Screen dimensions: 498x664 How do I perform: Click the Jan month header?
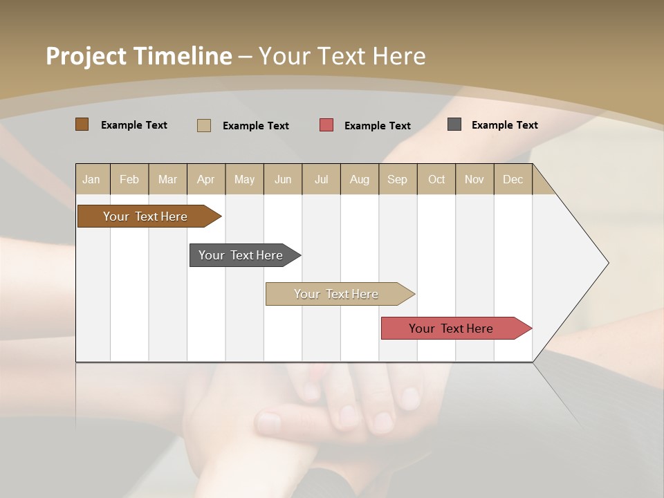click(92, 179)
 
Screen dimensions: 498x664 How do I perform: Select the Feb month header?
click(129, 179)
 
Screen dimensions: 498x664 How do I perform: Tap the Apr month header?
click(206, 179)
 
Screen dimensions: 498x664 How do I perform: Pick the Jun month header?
click(283, 179)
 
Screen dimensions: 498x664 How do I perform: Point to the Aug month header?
click(360, 179)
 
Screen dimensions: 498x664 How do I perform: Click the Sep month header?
click(398, 179)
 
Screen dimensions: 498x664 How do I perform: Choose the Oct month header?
click(436, 179)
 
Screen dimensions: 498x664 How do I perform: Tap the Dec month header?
click(513, 179)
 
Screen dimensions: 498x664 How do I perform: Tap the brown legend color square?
click(82, 124)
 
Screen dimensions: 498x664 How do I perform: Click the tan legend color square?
click(203, 125)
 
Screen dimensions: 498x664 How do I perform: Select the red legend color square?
click(326, 124)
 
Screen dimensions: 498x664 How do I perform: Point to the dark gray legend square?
click(454, 124)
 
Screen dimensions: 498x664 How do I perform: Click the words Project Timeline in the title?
click(139, 56)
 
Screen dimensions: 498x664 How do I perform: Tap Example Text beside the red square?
click(378, 126)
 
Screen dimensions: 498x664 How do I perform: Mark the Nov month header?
click(474, 179)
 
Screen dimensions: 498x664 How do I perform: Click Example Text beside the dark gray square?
click(505, 125)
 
